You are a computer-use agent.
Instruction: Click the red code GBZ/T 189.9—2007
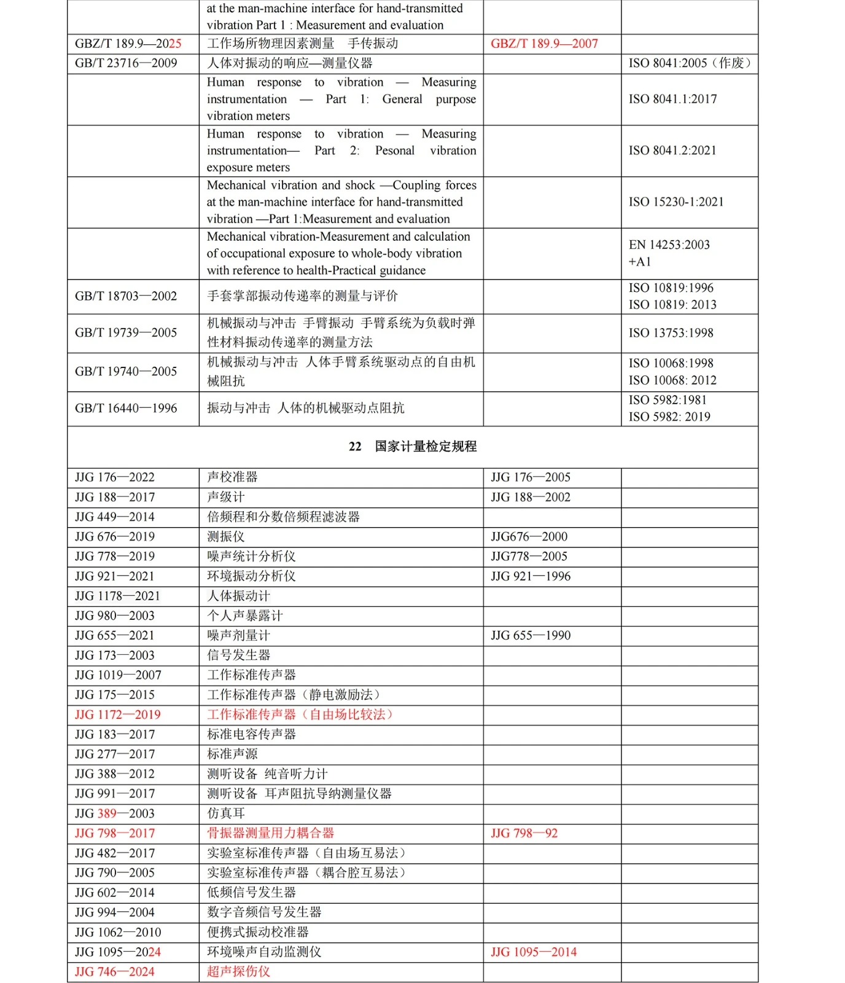coord(544,44)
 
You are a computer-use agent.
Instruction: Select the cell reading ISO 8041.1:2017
coord(672,99)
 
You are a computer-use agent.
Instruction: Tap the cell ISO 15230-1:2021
coord(676,202)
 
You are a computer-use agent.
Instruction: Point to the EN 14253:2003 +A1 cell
coord(669,253)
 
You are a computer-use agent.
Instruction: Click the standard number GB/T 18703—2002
coord(126,296)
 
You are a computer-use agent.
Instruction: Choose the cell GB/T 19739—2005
coord(126,333)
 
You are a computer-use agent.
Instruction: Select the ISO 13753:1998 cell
coord(671,333)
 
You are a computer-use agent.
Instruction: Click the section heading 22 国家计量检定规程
coord(413,447)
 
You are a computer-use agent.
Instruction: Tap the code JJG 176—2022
coord(115,477)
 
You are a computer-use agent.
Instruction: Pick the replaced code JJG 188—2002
coord(531,497)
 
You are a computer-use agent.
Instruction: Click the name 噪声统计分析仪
coord(251,557)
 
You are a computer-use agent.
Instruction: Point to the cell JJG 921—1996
coord(531,576)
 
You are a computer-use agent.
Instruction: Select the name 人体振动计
coord(238,596)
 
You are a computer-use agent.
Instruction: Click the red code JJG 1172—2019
coord(118,715)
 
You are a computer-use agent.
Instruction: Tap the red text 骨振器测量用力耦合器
coord(270,833)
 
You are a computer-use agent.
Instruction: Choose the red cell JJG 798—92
coord(524,834)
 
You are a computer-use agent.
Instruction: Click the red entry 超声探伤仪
coord(238,971)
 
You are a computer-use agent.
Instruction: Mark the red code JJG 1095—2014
coord(534,952)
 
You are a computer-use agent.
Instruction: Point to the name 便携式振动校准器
coord(257,932)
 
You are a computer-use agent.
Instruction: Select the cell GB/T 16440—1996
coord(126,409)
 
